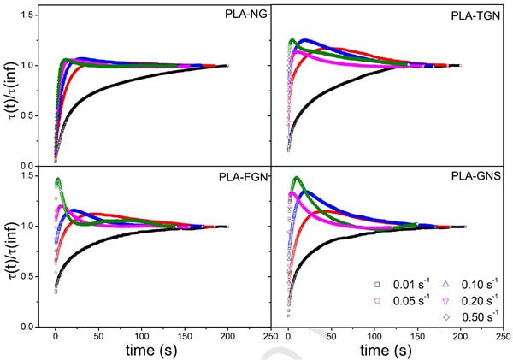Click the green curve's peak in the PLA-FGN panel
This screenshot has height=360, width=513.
57,180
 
